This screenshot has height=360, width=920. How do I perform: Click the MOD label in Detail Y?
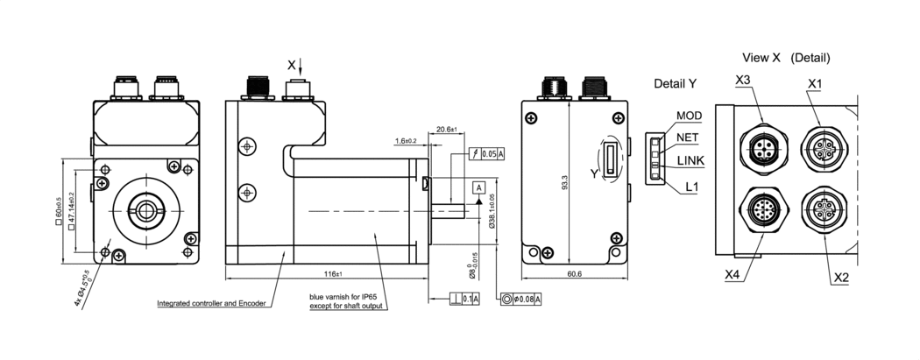690,116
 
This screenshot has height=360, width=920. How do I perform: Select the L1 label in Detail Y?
692,187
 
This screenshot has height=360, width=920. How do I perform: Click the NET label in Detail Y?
689,138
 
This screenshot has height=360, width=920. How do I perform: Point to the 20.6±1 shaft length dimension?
448,130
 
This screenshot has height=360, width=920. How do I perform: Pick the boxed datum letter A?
478,187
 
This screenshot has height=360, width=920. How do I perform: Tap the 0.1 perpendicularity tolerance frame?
469,300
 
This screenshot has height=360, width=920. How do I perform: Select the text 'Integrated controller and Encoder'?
207,305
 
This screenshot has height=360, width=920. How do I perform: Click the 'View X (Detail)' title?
786,58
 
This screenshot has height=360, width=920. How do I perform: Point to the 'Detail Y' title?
675,84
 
